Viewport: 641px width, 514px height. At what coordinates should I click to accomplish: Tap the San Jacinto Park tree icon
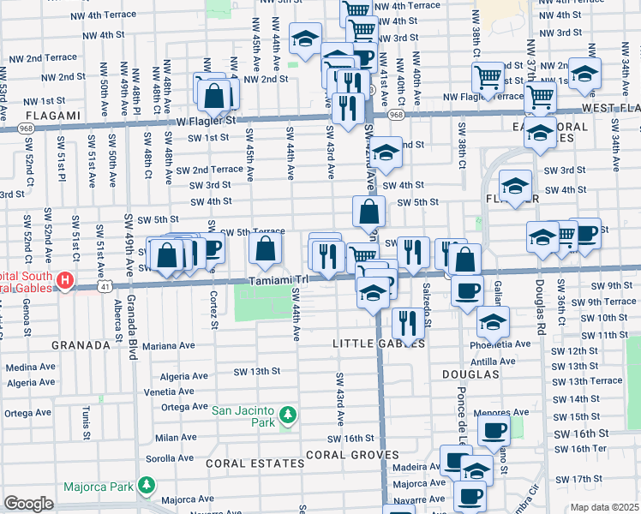(289, 415)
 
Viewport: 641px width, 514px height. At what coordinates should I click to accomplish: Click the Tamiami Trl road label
(278, 280)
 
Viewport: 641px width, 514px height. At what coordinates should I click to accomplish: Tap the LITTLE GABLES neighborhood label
(378, 343)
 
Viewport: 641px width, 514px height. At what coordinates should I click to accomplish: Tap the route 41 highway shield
(105, 287)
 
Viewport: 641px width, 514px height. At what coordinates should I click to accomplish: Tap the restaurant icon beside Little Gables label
(405, 323)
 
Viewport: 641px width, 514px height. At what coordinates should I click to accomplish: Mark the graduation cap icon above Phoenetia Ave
(493, 321)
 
